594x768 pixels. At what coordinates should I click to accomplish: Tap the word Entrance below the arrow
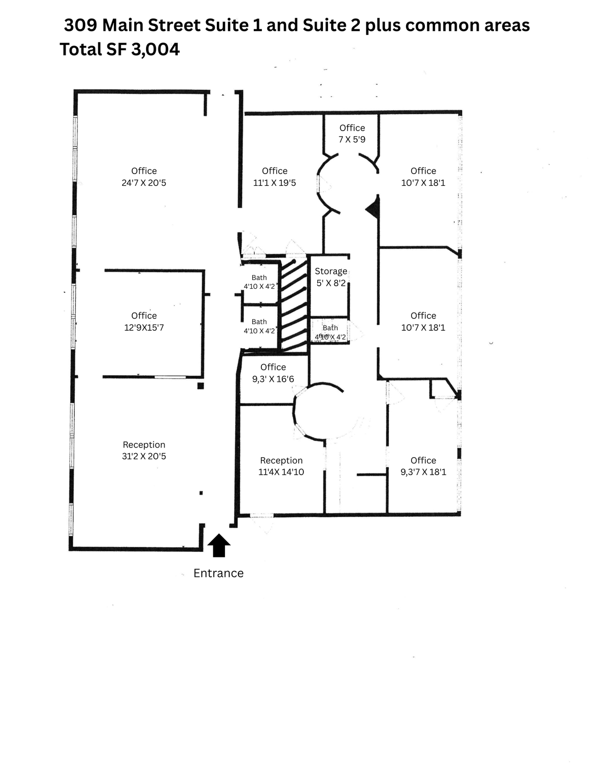click(x=218, y=573)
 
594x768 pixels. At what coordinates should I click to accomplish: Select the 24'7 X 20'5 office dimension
click(x=144, y=183)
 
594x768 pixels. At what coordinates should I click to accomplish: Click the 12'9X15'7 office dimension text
click(x=144, y=328)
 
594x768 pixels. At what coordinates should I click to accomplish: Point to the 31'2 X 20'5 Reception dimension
click(x=144, y=456)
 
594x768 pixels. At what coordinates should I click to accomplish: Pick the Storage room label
click(x=331, y=271)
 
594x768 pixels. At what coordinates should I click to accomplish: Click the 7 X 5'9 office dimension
click(x=352, y=140)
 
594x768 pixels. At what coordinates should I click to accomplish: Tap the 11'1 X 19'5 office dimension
click(x=274, y=183)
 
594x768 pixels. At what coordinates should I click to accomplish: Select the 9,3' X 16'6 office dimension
click(x=273, y=379)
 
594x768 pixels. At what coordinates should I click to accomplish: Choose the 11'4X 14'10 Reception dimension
click(x=281, y=472)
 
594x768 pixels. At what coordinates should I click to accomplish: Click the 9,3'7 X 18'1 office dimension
click(x=423, y=472)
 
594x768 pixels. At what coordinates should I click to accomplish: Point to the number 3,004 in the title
click(x=155, y=50)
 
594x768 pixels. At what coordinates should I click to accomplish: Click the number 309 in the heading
click(x=80, y=26)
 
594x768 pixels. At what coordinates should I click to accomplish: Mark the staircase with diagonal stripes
click(x=294, y=306)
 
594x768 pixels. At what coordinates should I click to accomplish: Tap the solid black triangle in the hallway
click(x=373, y=208)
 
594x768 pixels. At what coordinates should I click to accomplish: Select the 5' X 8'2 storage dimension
click(x=331, y=283)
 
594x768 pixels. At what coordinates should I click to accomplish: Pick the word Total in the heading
click(x=81, y=50)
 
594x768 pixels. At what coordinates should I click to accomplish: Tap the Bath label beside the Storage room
click(x=330, y=328)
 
